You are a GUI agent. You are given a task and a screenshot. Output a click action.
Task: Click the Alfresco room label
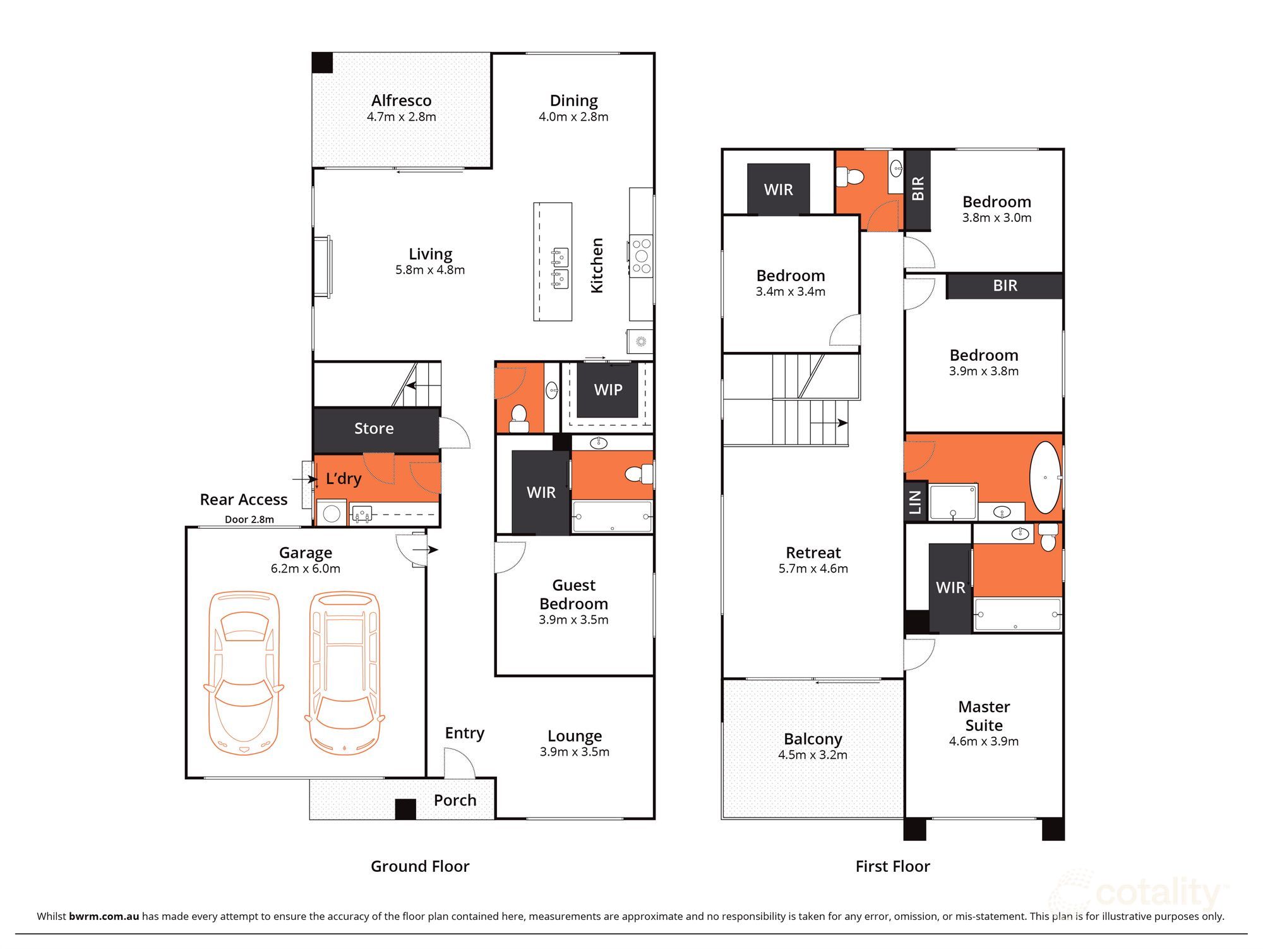pos(401,100)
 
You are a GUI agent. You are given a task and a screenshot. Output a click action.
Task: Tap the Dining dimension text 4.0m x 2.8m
pos(573,117)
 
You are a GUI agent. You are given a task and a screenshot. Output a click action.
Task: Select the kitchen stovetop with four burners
pos(642,256)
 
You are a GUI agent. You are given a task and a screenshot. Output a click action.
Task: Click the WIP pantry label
pos(608,390)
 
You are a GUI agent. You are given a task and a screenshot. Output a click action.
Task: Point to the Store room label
pos(374,428)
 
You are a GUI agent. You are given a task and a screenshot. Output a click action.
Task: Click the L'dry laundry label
pos(344,478)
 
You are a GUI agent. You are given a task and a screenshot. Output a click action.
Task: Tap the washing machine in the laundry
pos(332,512)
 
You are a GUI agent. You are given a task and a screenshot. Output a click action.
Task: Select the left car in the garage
pos(243,673)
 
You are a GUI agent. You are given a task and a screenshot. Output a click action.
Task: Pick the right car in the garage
pos(345,673)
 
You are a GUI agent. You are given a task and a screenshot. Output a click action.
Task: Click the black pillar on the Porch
pos(405,809)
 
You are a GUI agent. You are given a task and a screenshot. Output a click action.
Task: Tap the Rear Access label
pos(244,500)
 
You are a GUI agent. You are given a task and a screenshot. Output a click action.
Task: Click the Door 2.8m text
pos(249,519)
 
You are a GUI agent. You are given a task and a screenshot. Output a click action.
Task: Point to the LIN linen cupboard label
pos(915,502)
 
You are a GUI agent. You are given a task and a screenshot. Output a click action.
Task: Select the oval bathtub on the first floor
pos(1045,478)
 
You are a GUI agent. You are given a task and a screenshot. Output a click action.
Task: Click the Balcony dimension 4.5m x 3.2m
pos(813,755)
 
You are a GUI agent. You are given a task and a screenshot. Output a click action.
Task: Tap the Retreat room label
pos(813,553)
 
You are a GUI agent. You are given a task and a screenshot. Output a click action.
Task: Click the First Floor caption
pos(892,866)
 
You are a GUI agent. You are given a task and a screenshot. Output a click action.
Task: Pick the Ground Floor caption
pos(420,866)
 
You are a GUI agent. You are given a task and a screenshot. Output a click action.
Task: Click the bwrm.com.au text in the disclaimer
pos(104,916)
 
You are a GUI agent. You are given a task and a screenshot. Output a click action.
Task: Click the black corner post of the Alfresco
pos(323,63)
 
